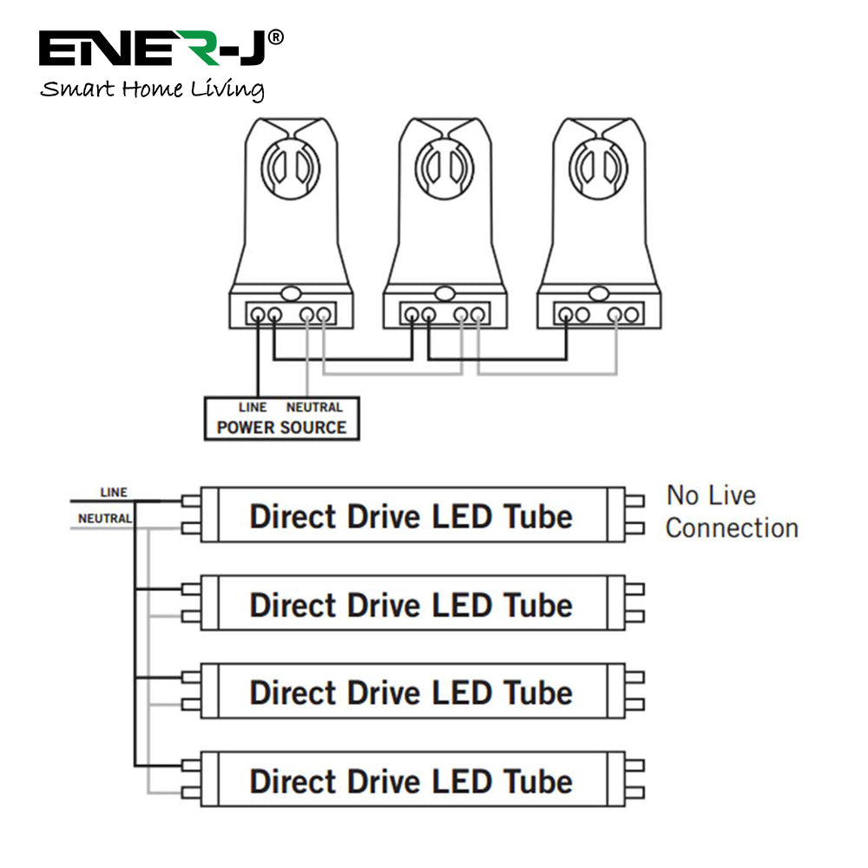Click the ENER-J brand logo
[161, 49]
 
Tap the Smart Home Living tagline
[153, 89]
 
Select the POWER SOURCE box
[281, 418]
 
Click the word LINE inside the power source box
[253, 407]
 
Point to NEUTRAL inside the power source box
[314, 407]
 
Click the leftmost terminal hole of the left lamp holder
[257, 314]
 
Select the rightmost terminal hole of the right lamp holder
[633, 314]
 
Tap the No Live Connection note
[731, 512]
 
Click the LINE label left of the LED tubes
[114, 492]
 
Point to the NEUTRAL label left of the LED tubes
[105, 518]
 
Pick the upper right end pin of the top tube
[635, 501]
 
